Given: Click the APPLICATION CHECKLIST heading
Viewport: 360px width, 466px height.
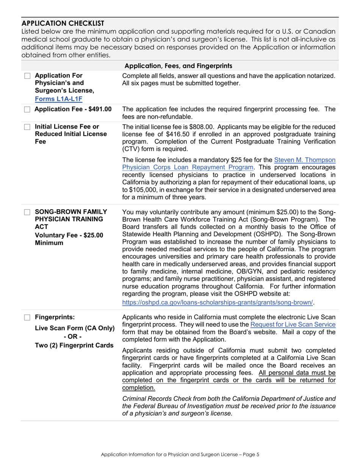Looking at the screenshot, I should (63, 23).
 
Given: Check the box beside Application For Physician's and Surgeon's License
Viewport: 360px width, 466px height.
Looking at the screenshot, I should (27, 76).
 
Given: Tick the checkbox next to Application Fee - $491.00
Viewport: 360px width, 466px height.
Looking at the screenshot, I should (27, 109).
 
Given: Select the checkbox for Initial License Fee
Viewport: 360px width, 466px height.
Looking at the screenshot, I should (27, 127).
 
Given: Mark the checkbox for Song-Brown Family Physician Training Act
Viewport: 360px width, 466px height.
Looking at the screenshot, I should (27, 211).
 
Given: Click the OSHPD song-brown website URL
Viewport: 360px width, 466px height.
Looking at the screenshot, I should (218, 302).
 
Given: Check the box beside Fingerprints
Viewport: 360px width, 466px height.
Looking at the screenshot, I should (27, 317).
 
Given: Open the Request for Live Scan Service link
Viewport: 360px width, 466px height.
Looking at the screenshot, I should (293, 324).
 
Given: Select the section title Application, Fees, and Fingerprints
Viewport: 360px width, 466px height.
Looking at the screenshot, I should (179, 65).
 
